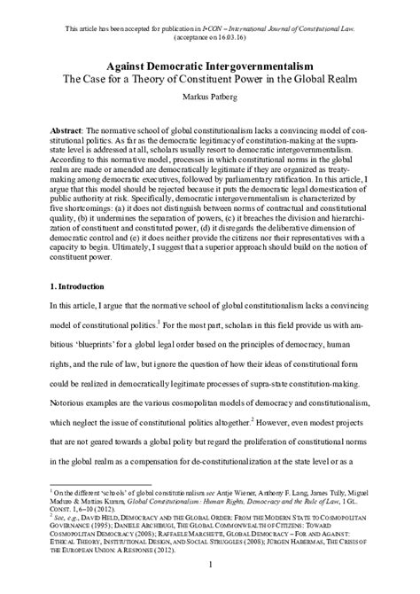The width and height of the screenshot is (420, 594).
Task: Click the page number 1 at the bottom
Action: point(209,564)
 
